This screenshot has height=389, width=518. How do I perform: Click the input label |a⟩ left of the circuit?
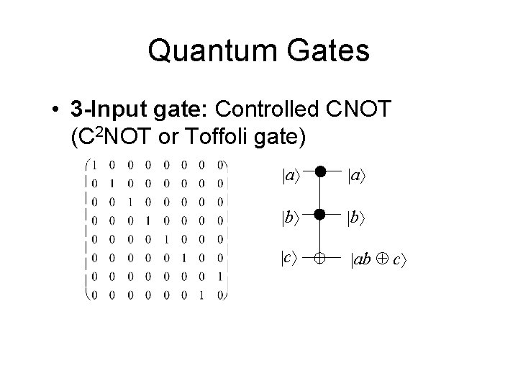(289, 174)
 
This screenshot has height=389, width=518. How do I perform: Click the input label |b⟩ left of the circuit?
(289, 214)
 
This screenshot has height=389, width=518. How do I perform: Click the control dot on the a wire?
(320, 173)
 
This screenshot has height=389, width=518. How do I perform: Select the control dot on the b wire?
(320, 213)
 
